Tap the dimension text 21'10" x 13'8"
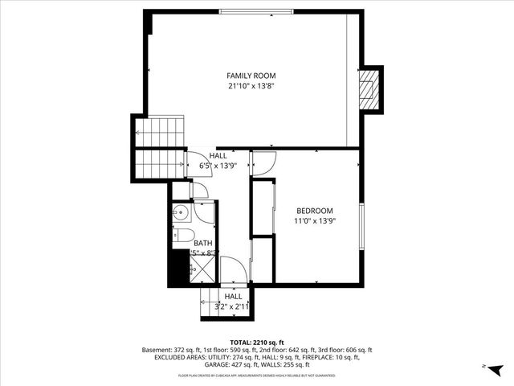pos(251,85)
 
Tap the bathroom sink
pos(180,215)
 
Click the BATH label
pos(202,243)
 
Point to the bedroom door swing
pos(263,162)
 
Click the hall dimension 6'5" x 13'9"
pos(218,166)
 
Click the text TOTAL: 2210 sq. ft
pos(256,342)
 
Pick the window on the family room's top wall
pos(256,11)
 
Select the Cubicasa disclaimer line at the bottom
pos(256,376)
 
